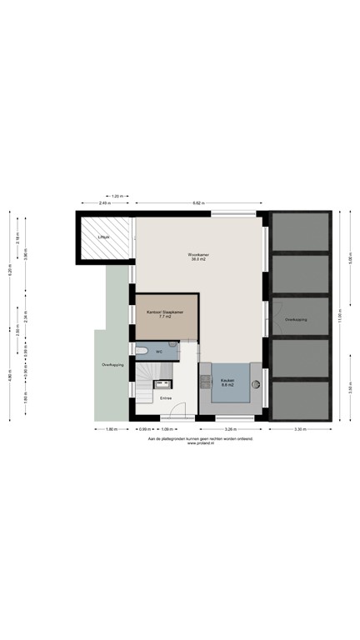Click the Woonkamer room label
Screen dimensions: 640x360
pos(197,255)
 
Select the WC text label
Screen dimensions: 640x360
pos(158,352)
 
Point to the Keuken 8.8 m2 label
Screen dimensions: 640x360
pos(227,382)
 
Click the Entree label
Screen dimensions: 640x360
pos(167,398)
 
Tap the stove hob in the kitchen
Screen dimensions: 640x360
pos(204,382)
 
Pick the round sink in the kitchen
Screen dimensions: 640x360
pos(256,384)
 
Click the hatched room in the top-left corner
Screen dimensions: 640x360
pos(105,238)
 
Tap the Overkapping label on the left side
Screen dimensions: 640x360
pos(112,365)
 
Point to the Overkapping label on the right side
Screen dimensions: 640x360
pos(296,319)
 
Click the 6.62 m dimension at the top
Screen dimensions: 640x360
pos(197,202)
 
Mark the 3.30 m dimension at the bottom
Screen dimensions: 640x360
pos(299,429)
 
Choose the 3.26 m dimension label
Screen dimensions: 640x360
pos(227,429)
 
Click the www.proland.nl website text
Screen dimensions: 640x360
pos(200,442)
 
